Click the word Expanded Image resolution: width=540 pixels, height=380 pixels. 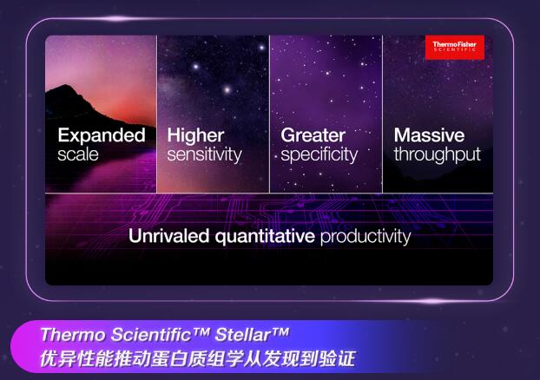(x=102, y=135)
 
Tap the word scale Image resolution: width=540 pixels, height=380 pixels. (x=78, y=154)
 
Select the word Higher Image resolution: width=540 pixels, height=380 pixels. (x=195, y=135)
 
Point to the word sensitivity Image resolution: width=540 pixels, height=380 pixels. (x=205, y=154)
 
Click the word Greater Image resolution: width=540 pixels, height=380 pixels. (x=313, y=135)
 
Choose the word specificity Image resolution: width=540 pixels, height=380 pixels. (x=319, y=155)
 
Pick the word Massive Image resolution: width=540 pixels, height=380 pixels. (x=429, y=135)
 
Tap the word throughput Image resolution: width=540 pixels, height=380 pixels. (x=438, y=155)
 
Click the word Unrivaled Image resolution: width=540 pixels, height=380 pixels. (x=168, y=236)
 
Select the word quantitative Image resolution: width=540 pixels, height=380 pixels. (x=265, y=237)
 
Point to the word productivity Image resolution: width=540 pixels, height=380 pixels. (x=365, y=237)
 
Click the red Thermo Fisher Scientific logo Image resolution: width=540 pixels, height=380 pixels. (x=455, y=47)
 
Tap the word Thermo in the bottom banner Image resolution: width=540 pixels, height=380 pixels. (x=73, y=335)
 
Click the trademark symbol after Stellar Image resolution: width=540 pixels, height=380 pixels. (x=280, y=331)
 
